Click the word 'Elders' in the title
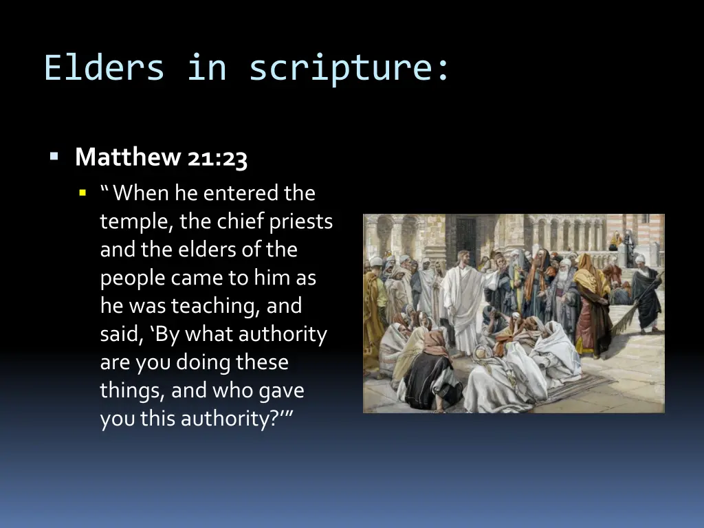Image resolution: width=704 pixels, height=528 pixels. click(x=104, y=68)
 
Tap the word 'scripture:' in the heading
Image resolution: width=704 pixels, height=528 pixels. click(x=349, y=68)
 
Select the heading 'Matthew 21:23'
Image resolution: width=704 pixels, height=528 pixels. click(x=161, y=157)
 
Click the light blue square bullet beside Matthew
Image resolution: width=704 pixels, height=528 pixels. click(x=54, y=157)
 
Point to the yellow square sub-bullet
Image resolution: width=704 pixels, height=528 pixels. click(x=83, y=193)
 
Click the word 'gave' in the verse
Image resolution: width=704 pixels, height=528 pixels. click(x=281, y=390)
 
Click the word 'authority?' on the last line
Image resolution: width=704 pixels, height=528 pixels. click(x=230, y=419)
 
